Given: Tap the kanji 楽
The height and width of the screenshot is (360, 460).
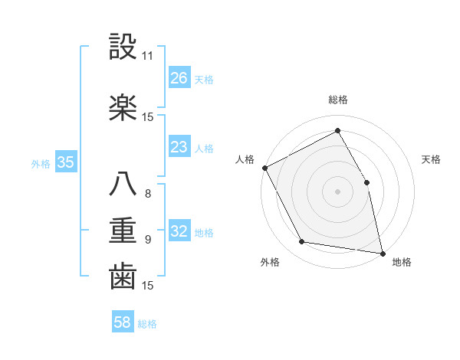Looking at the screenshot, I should pos(123,107).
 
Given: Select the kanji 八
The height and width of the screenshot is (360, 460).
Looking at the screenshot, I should pos(123,184).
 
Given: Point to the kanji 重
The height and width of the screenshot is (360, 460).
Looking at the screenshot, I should pos(123,229).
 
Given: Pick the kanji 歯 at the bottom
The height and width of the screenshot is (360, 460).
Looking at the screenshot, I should pos(123,276).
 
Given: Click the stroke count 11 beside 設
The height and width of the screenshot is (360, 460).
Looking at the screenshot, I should pos(148,56).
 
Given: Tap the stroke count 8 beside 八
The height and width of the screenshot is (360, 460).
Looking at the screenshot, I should pos(148,194).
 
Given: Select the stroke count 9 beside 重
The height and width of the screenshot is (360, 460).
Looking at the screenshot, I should pos(148,240).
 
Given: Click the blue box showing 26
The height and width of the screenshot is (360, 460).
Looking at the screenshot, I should pos(179,77).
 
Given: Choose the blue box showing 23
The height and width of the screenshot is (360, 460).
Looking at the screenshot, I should pos(179,147).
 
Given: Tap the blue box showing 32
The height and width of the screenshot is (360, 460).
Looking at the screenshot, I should pos(179,231).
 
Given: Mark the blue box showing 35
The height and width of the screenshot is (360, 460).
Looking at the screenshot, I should pos(65,162).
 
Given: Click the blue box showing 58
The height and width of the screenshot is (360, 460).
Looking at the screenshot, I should pos(122,322).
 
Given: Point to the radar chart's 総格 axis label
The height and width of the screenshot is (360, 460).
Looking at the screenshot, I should pos(338,100).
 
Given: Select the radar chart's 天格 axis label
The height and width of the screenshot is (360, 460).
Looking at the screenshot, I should pos(432,159).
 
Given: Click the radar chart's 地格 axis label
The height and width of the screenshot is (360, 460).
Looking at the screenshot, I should pos(402,262).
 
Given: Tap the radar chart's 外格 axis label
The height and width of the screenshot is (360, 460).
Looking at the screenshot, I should pos(270,262).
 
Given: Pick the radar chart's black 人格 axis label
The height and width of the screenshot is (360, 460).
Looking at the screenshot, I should pos(245,159).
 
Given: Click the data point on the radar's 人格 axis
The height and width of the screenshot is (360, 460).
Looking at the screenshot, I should pos(264,168).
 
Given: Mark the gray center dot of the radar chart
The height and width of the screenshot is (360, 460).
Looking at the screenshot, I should pos(337,191).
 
